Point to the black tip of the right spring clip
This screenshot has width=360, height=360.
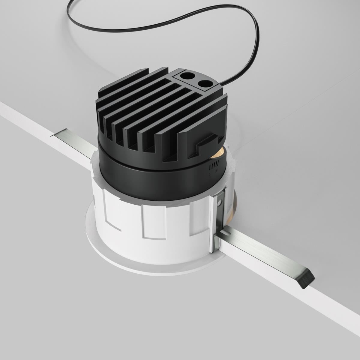tap(307, 279)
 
